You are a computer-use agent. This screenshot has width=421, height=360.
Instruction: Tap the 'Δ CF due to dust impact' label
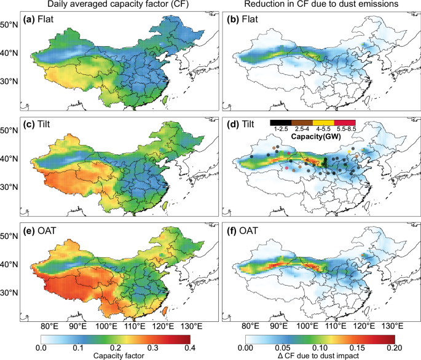[x=319, y=355]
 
